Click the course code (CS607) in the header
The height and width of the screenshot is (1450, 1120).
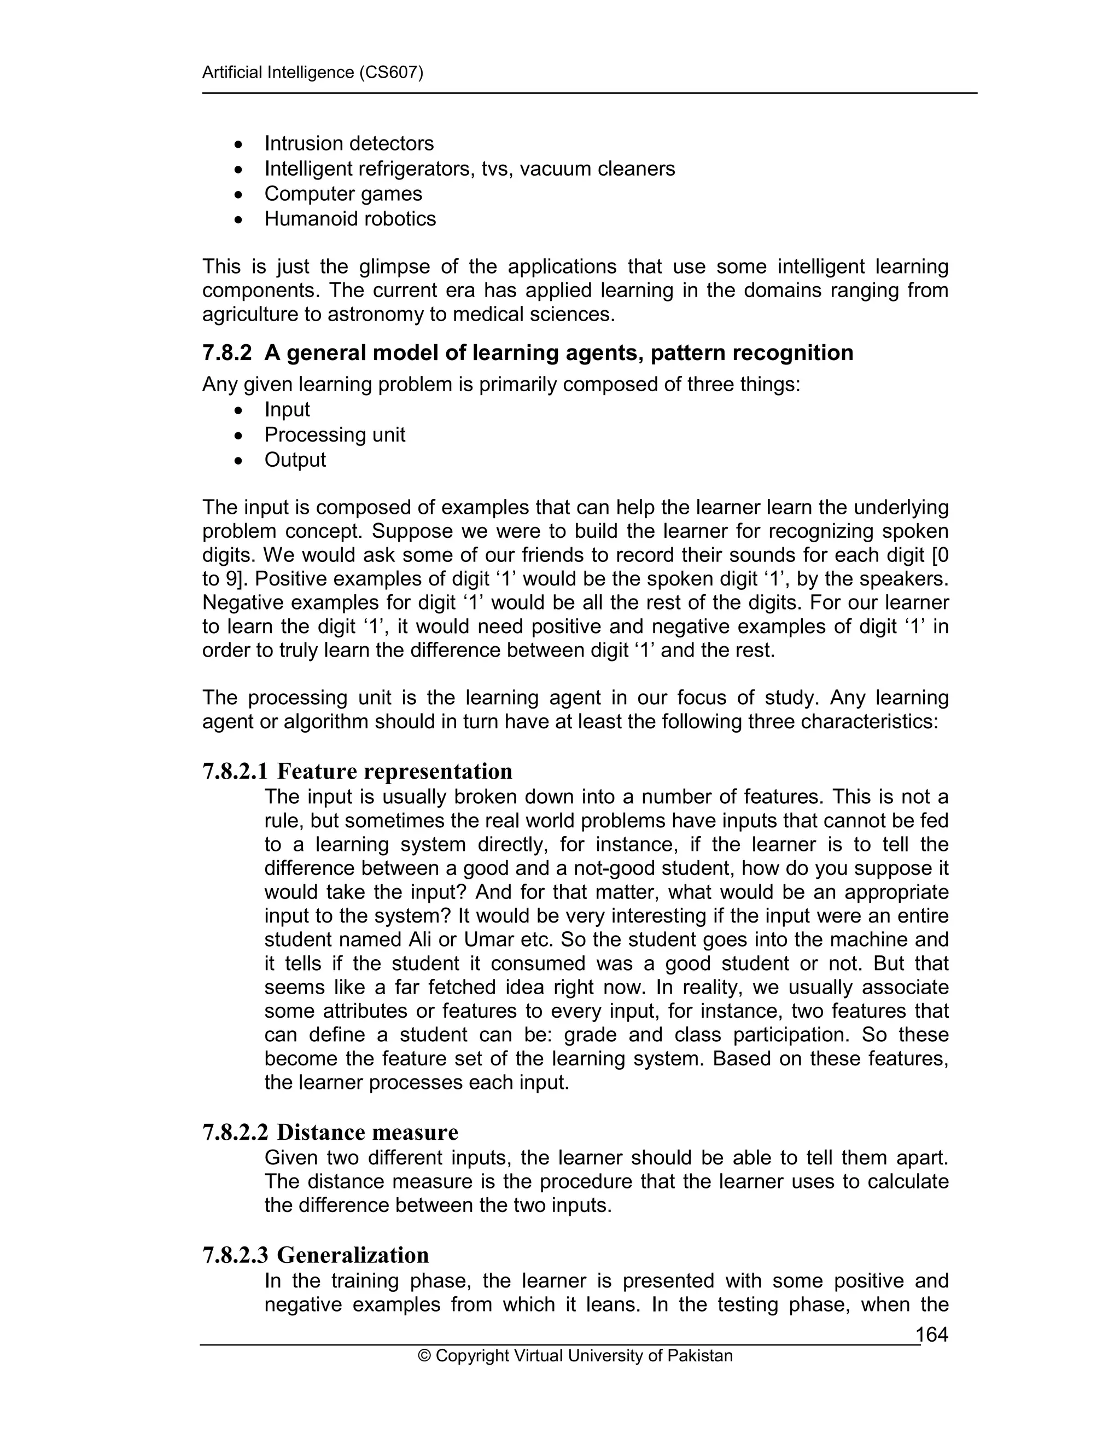(x=390, y=72)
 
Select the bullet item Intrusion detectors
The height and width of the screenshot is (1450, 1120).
(x=349, y=143)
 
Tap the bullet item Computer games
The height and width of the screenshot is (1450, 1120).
(x=343, y=194)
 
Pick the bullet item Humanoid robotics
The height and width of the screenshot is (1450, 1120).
(x=349, y=219)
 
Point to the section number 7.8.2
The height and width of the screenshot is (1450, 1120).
(x=227, y=352)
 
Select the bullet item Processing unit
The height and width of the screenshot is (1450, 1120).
(x=334, y=435)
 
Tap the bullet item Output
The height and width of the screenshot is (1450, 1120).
(x=295, y=460)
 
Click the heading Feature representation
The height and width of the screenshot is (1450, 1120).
(x=394, y=772)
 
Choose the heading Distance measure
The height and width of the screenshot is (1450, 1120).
(x=367, y=1132)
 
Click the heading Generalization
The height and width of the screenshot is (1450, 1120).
(x=352, y=1255)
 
